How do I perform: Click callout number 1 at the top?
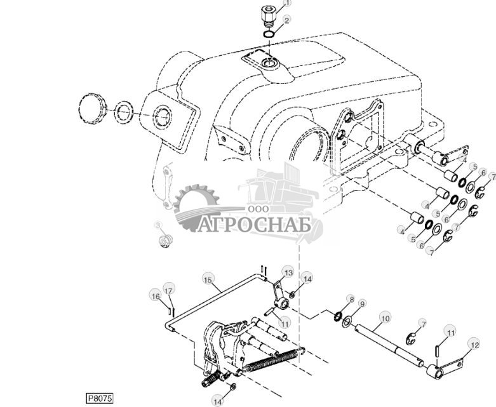(286, 4)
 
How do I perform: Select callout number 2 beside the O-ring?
(287, 20)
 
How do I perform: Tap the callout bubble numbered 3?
(158, 225)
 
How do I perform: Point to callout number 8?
(351, 298)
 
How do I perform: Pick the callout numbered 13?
(288, 272)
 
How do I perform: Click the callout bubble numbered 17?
(168, 291)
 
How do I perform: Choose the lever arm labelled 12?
(448, 368)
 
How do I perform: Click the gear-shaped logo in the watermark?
(197, 206)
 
